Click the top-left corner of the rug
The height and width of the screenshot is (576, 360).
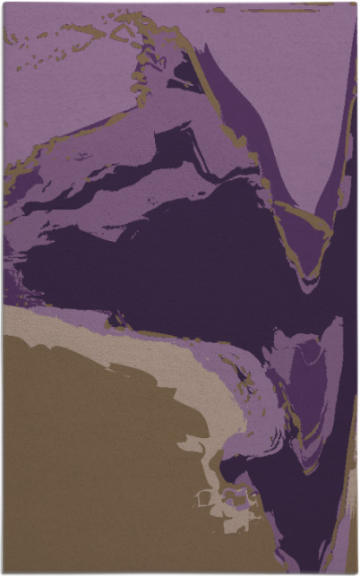(x=3, y=3)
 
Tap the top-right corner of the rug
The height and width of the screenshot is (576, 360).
(x=356, y=3)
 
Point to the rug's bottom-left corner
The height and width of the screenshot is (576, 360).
(x=3, y=572)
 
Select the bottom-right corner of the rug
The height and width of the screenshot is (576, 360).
(x=356, y=572)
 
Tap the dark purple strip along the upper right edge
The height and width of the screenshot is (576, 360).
(x=349, y=179)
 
